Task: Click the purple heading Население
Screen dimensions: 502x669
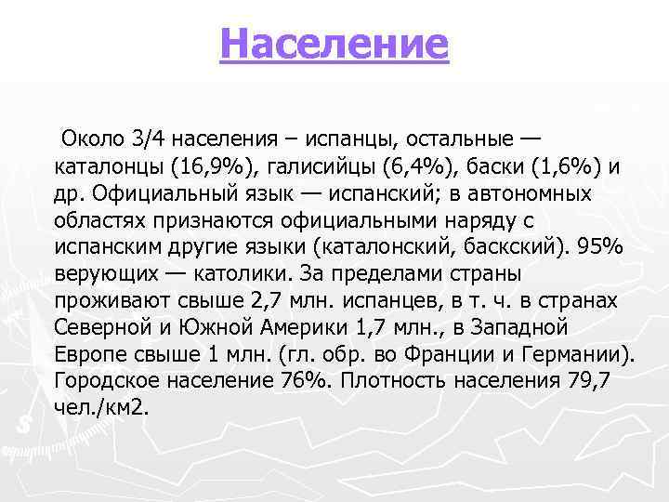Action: [334, 43]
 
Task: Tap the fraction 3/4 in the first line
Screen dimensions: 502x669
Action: [147, 139]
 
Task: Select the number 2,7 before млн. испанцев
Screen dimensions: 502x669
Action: [276, 301]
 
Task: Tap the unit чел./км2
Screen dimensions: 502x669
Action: [101, 408]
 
